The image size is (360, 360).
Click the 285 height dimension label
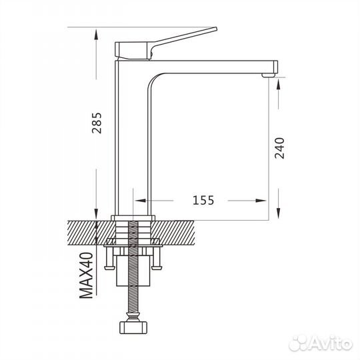click(97, 123)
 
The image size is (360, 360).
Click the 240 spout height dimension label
click(279, 148)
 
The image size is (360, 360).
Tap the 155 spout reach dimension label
click(203, 200)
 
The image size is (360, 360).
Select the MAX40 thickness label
click(86, 275)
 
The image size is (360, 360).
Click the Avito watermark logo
click(320, 343)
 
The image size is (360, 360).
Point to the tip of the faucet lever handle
click(216, 29)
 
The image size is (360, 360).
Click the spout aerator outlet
click(269, 75)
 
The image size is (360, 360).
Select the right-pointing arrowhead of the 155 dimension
click(261, 201)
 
